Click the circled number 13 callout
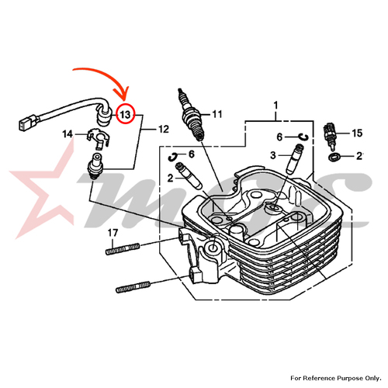point(126,114)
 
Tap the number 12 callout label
point(163,129)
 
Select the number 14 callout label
point(68,134)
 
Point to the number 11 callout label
point(217,114)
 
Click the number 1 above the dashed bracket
point(275,106)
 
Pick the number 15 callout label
point(357,133)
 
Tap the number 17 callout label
point(113,233)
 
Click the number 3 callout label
point(273,155)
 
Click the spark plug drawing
point(192,115)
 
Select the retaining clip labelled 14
point(97,137)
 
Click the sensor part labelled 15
point(330,136)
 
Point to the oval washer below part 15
point(334,157)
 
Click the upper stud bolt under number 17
point(123,249)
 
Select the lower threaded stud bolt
point(133,287)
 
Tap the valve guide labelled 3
point(295,158)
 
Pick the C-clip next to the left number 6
point(172,157)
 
